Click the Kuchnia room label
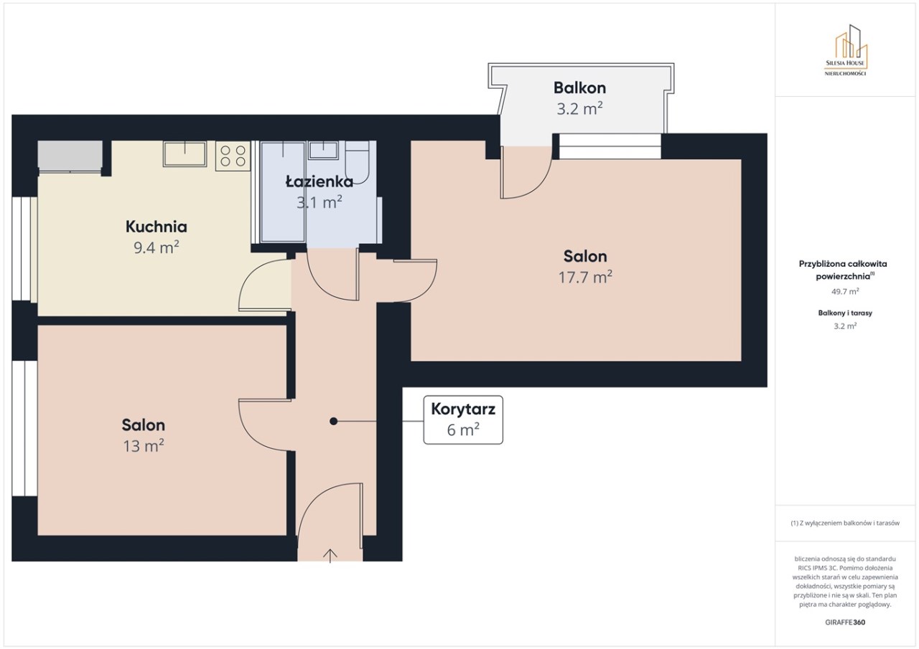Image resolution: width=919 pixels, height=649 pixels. [157, 227]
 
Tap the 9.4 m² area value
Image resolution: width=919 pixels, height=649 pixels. [157, 247]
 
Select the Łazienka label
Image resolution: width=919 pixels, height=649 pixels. [319, 181]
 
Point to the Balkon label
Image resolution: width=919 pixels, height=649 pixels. [579, 87]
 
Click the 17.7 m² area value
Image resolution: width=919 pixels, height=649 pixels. [585, 278]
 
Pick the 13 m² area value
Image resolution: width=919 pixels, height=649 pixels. [144, 446]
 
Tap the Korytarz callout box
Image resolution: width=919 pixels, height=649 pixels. [463, 420]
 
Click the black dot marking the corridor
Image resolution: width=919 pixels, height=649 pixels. [334, 421]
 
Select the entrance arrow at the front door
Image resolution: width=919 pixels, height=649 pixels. [330, 556]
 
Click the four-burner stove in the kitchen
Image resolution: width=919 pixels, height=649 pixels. [233, 156]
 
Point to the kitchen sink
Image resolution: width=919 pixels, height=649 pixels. [185, 153]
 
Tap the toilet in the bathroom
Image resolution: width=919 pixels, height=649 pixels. [357, 163]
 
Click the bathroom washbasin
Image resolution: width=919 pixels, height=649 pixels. [323, 150]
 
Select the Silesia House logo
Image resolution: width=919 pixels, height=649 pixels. [845, 50]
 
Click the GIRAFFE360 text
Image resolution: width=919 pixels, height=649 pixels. [845, 622]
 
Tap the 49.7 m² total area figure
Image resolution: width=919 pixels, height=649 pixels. [845, 291]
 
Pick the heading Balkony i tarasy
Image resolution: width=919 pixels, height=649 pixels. [845, 313]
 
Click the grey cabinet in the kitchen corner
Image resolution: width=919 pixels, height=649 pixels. [70, 155]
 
